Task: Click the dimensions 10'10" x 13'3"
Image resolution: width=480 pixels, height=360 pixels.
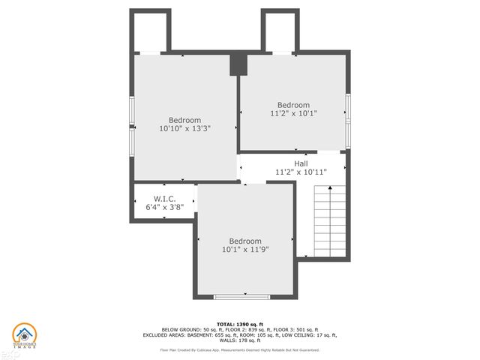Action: coord(184,129)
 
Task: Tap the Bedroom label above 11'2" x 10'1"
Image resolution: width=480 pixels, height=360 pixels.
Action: coord(293,105)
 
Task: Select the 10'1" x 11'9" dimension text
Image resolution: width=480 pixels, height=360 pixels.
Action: coord(245,249)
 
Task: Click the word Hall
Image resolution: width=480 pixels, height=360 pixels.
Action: coord(301,163)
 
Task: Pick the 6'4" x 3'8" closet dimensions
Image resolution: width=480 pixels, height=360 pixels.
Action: coord(164,207)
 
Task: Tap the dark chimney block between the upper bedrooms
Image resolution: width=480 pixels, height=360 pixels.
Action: coord(238,64)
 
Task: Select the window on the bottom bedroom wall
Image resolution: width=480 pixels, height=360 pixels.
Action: coord(241,297)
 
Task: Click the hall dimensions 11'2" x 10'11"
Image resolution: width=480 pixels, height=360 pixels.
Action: coord(301,172)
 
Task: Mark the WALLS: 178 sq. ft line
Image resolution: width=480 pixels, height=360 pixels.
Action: coord(240,341)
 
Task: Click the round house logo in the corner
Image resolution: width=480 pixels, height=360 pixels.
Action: coord(24,335)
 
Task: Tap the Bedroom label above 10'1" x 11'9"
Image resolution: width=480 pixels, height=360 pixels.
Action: coord(245,241)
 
